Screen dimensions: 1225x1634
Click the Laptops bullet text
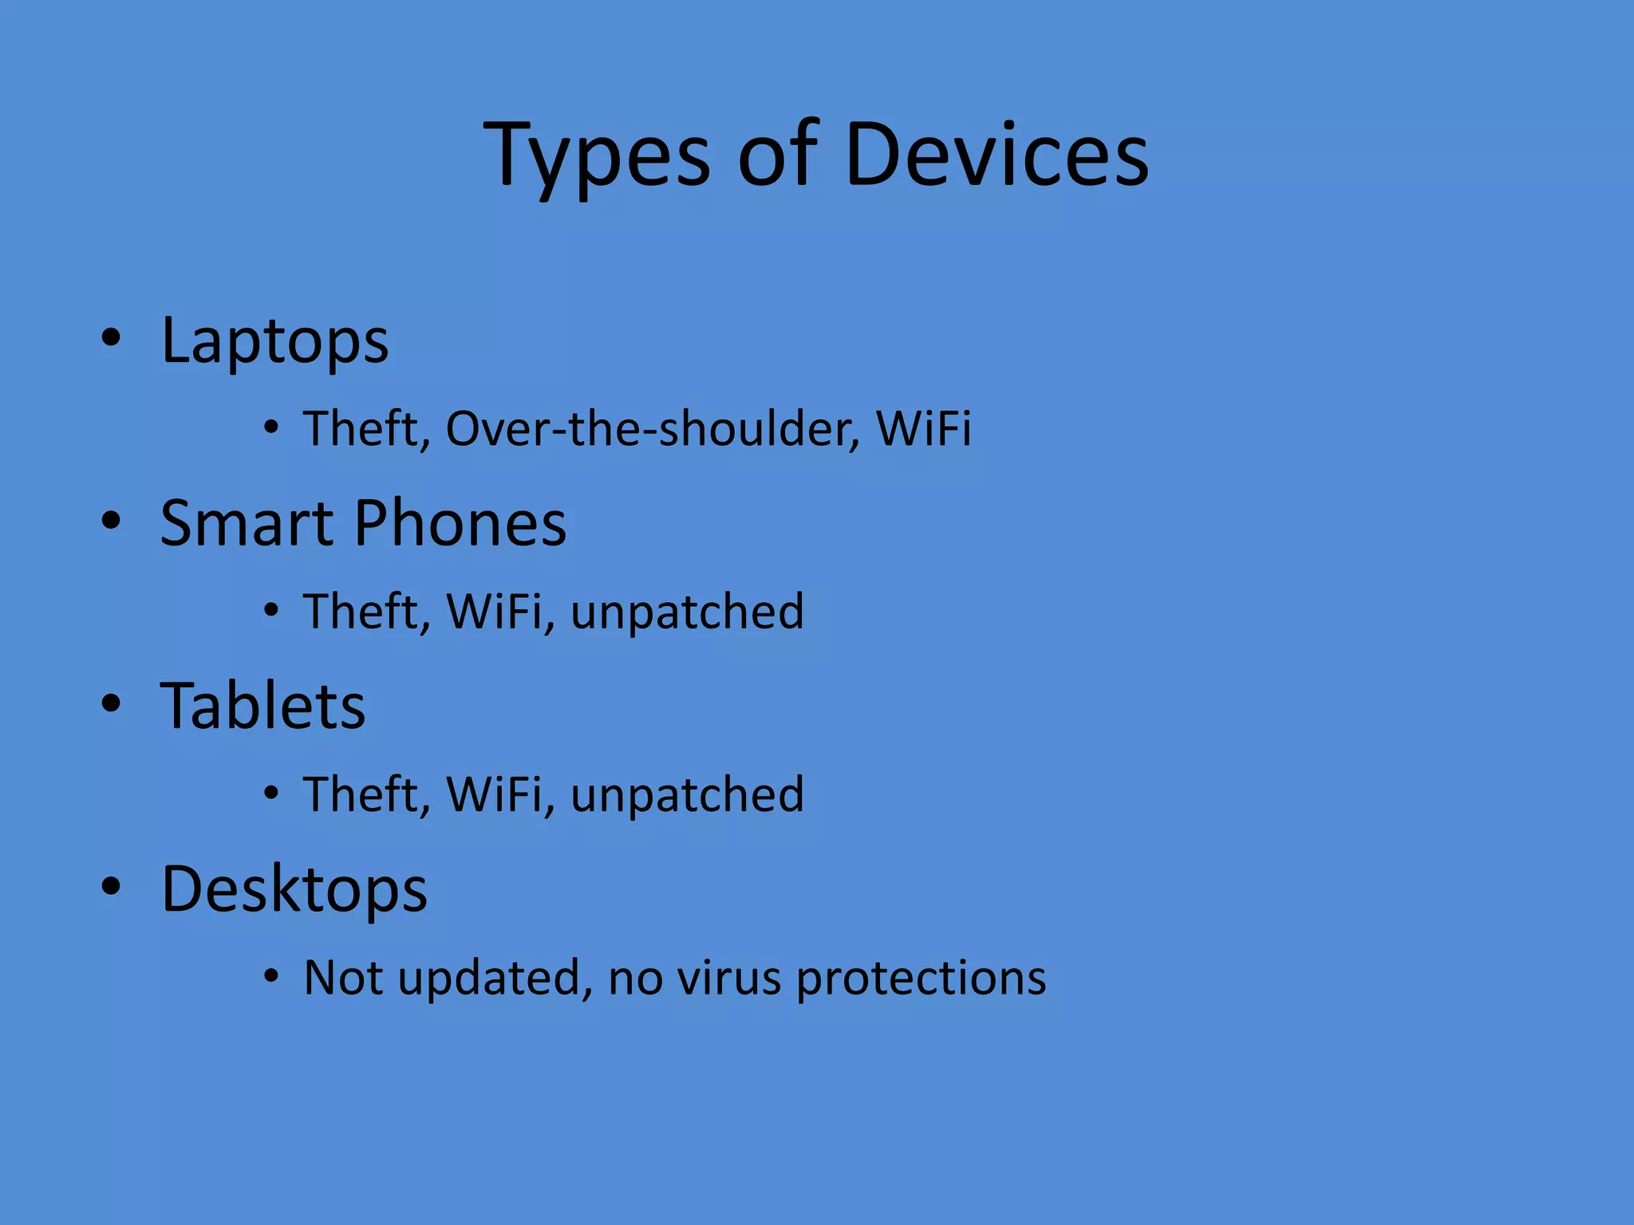point(274,341)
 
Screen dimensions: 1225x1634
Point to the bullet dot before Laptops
point(111,337)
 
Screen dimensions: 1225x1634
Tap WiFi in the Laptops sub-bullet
point(923,429)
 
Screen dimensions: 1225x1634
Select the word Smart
point(247,523)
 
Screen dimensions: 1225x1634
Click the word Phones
point(460,523)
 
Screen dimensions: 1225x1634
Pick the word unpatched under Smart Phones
point(687,612)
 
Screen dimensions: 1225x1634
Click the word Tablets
point(262,707)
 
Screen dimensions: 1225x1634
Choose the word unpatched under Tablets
point(687,796)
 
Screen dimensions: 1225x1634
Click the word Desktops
point(294,889)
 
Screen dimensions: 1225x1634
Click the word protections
point(921,979)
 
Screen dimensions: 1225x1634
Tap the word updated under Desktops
point(495,979)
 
